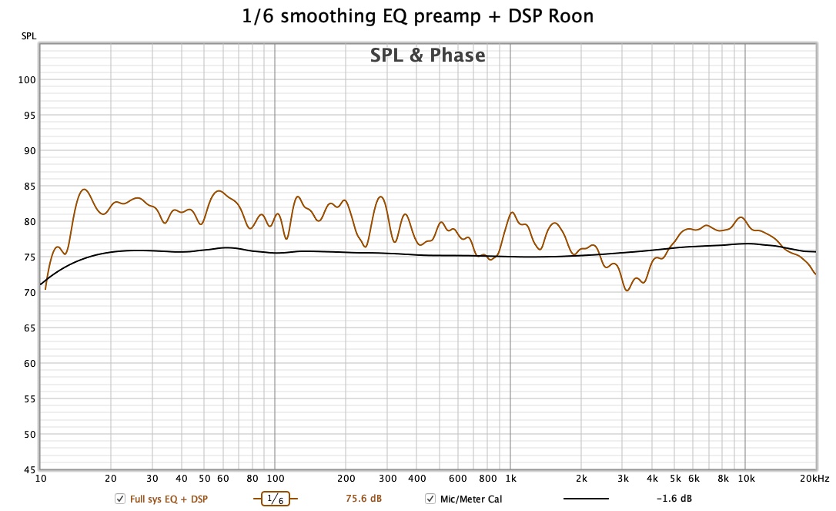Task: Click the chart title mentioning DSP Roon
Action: pos(418,16)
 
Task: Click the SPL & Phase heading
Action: pos(428,55)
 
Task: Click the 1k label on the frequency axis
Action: pos(510,479)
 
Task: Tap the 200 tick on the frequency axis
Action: pos(346,479)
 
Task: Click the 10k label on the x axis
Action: pos(745,479)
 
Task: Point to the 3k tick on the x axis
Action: pos(623,479)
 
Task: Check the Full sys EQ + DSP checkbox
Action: pos(119,499)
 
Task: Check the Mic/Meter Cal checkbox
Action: pos(430,499)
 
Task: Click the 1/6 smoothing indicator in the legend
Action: pos(275,499)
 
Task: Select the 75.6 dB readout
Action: pos(363,499)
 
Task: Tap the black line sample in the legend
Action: pos(586,499)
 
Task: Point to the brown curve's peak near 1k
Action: pos(513,213)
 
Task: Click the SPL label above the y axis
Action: pos(28,36)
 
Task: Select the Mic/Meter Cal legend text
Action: pos(472,499)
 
